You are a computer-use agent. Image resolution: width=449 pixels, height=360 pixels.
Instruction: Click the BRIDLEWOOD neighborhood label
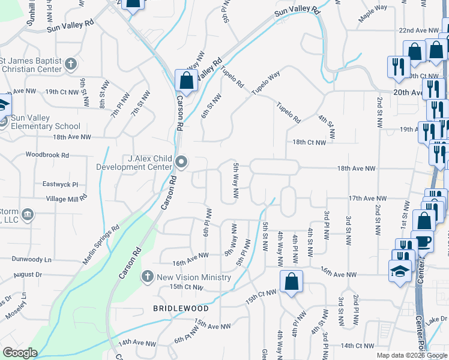click(x=181, y=308)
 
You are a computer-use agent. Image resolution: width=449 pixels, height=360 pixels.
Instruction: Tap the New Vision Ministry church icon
click(x=147, y=277)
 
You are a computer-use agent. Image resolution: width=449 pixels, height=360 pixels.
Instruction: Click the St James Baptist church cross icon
click(x=70, y=63)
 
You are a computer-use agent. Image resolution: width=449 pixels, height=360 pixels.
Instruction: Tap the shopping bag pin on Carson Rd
click(x=187, y=81)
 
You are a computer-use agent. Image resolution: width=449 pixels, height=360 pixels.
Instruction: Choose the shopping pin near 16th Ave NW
click(x=291, y=282)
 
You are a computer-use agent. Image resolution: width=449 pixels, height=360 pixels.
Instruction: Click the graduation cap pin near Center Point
click(x=400, y=271)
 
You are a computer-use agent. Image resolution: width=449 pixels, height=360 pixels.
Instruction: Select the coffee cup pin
click(x=423, y=241)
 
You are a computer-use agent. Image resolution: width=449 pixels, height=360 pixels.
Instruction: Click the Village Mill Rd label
click(x=66, y=198)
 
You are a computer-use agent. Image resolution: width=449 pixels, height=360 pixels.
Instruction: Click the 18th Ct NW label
click(x=309, y=142)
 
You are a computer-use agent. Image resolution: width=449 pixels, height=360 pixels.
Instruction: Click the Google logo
click(x=20, y=353)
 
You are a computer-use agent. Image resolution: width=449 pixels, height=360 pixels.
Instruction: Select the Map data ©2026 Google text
click(x=411, y=355)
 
